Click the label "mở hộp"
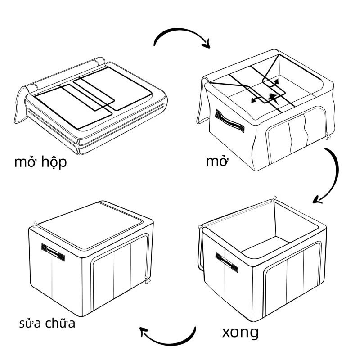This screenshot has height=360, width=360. pyautogui.click(x=40, y=162)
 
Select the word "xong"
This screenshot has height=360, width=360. pyautogui.click(x=240, y=333)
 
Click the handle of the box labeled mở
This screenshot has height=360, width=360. pyautogui.click(x=229, y=120)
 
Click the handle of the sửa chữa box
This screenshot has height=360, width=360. pyautogui.click(x=54, y=252)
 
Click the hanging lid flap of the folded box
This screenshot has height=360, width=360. pyautogui.click(x=20, y=106)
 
